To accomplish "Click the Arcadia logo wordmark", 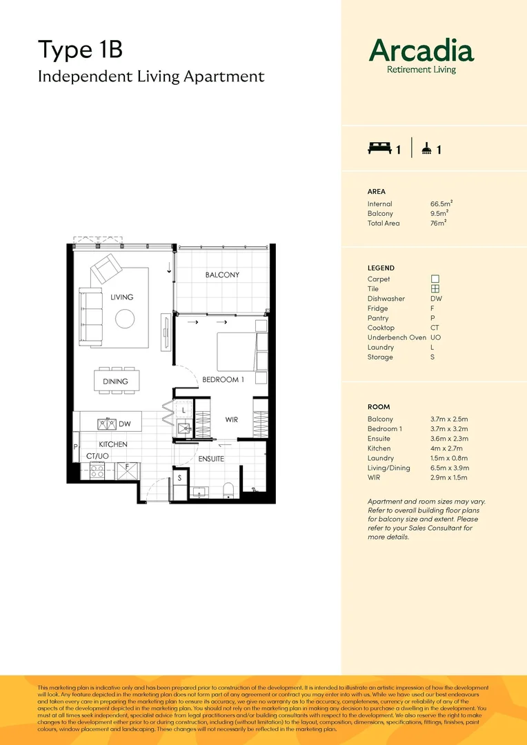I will point(421,51).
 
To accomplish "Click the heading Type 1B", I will point(79,50).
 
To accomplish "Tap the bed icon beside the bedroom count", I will point(379,148).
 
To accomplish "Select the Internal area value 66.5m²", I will point(441,203).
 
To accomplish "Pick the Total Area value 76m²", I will point(438,223).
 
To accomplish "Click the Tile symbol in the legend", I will point(435,289).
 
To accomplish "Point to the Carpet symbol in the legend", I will point(435,279).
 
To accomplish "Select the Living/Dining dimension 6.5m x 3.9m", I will point(450,468).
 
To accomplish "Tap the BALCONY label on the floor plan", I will point(222,275).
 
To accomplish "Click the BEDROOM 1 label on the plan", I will point(223,380).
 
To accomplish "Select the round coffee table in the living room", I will point(125,318).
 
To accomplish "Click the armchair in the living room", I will point(106,268).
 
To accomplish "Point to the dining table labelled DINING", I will point(115,381).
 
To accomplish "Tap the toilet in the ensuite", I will point(228,488).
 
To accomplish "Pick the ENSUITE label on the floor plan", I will point(211,459).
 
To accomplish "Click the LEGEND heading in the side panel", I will point(381,268).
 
